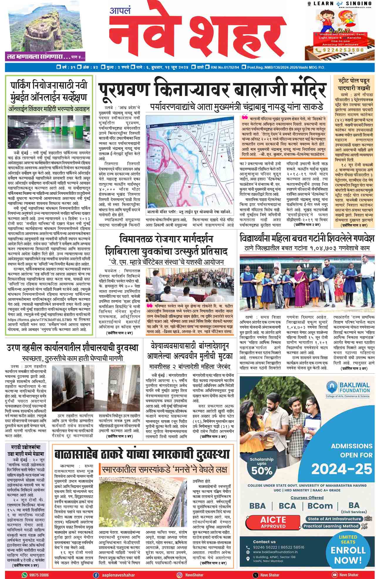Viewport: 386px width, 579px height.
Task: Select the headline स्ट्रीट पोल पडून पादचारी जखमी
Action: click(354, 84)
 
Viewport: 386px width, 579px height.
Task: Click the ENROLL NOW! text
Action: click(348, 555)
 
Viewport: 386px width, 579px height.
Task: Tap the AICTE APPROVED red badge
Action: click(273, 523)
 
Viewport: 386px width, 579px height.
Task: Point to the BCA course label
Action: click(287, 506)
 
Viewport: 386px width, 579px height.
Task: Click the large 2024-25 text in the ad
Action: click(342, 469)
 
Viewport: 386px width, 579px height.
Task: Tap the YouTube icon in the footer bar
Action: click(334, 575)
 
